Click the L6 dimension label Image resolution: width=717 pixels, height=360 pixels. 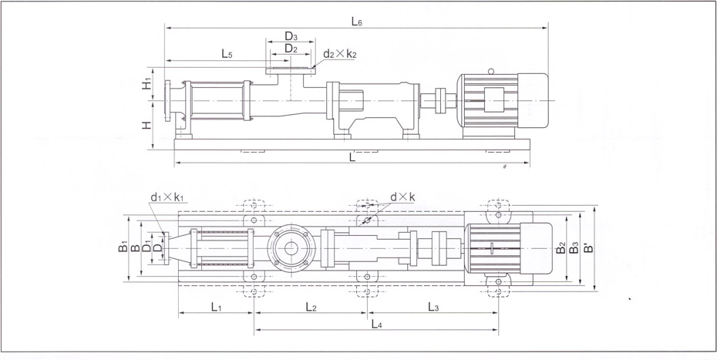click(x=356, y=22)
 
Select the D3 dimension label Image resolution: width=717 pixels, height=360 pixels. click(x=291, y=35)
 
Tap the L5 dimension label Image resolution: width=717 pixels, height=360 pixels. click(x=227, y=54)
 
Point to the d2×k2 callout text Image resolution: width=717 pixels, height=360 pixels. click(x=340, y=54)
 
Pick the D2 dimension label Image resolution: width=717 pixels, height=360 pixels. click(x=291, y=48)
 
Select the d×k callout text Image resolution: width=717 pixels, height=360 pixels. click(x=402, y=197)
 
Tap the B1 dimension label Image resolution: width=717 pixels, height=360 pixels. click(x=123, y=247)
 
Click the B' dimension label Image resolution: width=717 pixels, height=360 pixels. click(x=587, y=249)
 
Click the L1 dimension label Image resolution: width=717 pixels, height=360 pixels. click(x=216, y=307)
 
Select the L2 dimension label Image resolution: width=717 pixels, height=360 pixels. click(x=311, y=307)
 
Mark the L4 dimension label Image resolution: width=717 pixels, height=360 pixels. click(x=375, y=324)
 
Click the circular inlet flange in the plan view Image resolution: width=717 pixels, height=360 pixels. click(x=290, y=248)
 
